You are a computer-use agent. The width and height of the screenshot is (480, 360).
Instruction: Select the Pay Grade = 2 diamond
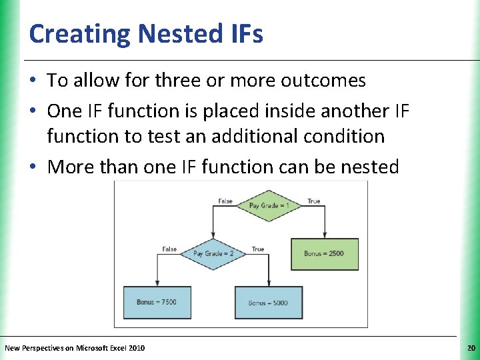tap(212, 253)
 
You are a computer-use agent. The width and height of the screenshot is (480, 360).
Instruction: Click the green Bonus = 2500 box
tap(325, 254)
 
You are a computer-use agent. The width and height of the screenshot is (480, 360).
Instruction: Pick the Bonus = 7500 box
tap(157, 302)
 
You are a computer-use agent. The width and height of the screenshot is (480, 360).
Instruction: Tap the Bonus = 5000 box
tap(268, 303)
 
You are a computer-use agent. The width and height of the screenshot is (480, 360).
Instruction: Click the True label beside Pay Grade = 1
tap(313, 201)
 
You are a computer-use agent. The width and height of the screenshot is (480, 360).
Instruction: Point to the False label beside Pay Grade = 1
tap(225, 201)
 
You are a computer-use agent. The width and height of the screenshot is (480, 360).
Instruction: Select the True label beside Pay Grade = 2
tap(257, 249)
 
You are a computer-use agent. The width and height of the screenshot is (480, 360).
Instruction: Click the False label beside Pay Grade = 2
tap(169, 249)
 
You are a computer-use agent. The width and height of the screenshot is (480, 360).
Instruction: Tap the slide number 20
tap(471, 348)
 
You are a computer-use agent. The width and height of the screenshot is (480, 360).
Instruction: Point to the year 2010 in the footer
tap(135, 348)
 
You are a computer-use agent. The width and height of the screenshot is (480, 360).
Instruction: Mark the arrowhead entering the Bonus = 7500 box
tap(157, 284)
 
